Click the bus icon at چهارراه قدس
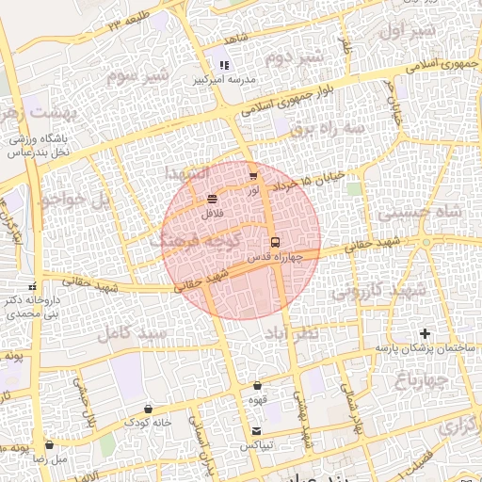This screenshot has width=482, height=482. [275, 242]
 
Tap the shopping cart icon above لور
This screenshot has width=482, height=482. [252, 176]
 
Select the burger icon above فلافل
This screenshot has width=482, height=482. [211, 199]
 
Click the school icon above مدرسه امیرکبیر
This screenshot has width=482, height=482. [224, 65]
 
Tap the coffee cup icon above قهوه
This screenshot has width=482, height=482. [257, 385]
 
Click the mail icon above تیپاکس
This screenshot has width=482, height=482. [256, 431]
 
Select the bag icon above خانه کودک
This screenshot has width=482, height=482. [149, 409]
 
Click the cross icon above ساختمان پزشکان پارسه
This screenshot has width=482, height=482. [425, 333]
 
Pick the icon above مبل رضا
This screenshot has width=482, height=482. [49, 445]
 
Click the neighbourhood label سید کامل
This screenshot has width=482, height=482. [132, 333]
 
